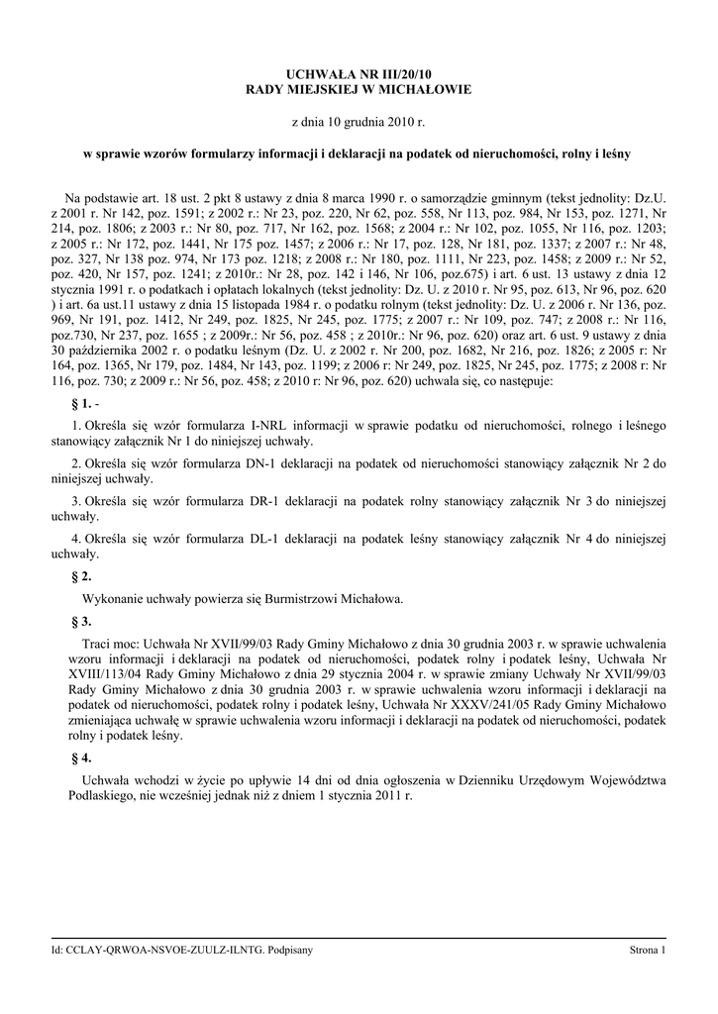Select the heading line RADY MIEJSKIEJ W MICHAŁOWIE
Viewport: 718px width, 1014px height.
359,90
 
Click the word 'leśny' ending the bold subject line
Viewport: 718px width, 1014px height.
613,154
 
